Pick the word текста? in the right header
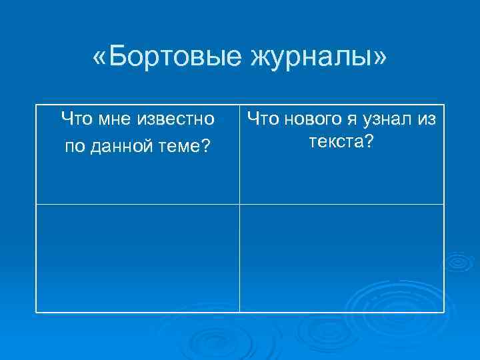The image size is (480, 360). (341, 141)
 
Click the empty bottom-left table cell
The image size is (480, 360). (137, 258)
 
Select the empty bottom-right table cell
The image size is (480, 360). (341, 258)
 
